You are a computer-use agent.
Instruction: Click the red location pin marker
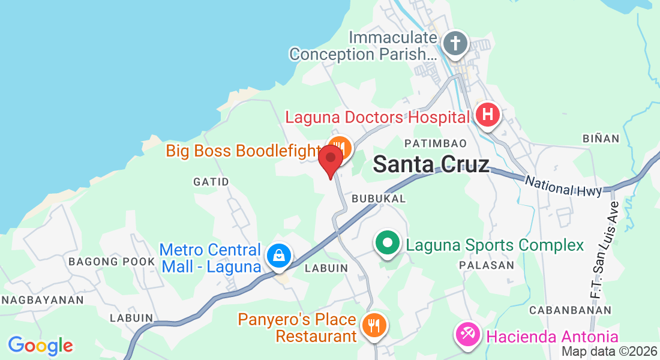pos(330,160)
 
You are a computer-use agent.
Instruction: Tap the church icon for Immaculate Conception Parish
pos(455,43)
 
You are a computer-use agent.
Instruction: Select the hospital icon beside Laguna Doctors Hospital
pos(487,114)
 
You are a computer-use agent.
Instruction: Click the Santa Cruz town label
pos(431,164)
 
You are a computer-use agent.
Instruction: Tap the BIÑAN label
pos(601,139)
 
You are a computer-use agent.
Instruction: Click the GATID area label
pos(211,181)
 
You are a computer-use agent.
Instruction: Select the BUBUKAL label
pos(379,198)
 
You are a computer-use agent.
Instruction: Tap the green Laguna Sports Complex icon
pos(388,244)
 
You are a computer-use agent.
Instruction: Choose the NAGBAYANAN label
pos(33,299)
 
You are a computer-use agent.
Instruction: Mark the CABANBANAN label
pos(570,310)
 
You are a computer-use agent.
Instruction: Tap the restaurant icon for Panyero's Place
pos(375,326)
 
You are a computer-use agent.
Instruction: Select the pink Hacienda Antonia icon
pos(467,334)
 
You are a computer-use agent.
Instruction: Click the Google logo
pos(41,346)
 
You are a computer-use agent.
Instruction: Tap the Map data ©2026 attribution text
pos(609,352)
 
